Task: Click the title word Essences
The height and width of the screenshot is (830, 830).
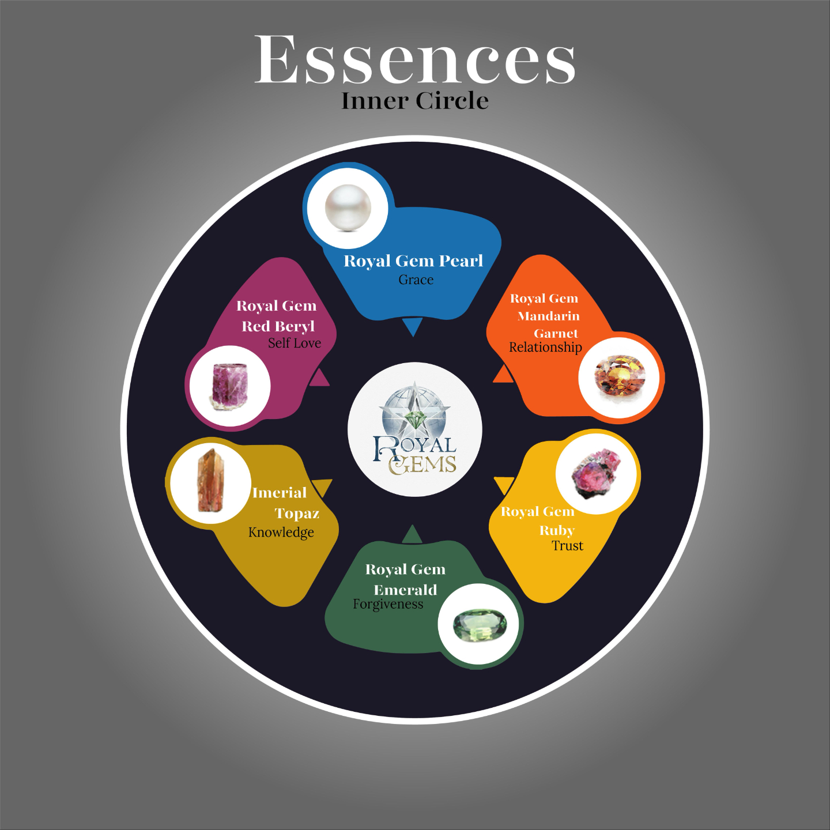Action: pos(414,59)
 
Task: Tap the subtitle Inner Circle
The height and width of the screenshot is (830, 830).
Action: pos(414,101)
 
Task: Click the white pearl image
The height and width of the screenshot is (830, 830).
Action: pos(347,207)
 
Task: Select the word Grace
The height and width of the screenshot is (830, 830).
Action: pos(416,280)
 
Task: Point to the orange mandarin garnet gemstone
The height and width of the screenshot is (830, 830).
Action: pos(620,378)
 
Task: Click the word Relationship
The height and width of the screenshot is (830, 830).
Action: pos(545,348)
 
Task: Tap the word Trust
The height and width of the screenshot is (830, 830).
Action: pos(567,546)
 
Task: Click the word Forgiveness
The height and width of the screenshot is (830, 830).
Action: pos(388,604)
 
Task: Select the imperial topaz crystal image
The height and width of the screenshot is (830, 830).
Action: pos(210,481)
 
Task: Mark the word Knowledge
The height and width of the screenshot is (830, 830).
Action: pos(281,532)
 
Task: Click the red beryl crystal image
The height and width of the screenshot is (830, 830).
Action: pos(230,386)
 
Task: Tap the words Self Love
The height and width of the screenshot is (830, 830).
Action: pos(294,344)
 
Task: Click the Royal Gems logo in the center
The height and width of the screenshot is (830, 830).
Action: pos(414,429)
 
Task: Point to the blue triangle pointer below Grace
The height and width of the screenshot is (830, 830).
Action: pos(412,326)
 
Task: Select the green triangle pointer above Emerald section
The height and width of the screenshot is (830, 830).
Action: pos(412,535)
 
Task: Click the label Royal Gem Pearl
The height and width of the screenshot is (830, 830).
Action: pos(413,261)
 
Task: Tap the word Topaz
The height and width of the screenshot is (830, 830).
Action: pos(297,513)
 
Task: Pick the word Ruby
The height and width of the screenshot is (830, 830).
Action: pos(557,530)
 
